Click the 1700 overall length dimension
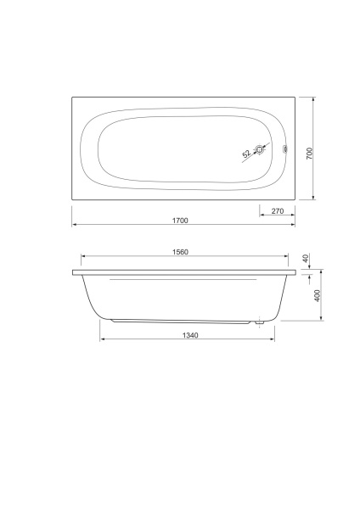179,221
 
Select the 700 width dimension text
310,154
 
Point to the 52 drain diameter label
247,154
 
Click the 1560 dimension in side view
179,252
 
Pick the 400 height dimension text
318,297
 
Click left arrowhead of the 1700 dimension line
73,227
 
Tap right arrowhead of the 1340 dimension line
273,341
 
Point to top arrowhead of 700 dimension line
315,98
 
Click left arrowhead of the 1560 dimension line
83,257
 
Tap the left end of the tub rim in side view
74,273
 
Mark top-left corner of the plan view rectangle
71,96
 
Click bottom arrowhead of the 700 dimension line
315,200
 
